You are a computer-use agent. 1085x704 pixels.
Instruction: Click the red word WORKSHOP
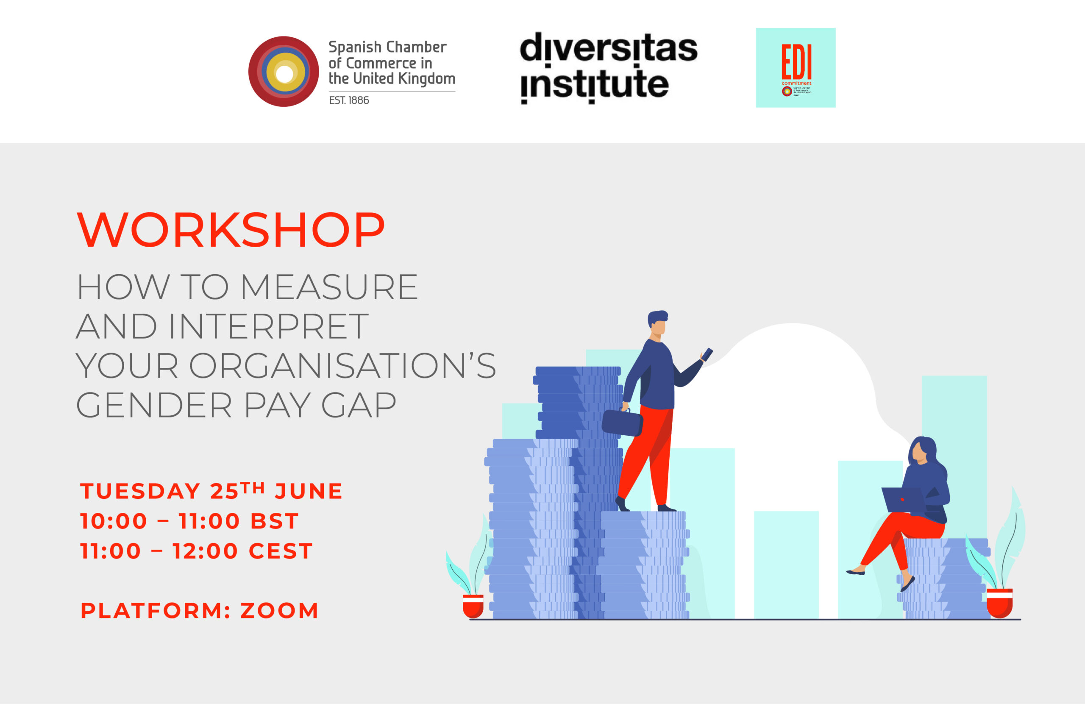(x=231, y=230)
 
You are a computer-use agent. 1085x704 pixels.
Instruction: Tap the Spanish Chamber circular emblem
(x=284, y=72)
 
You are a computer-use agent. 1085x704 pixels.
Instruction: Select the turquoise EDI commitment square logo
(x=796, y=67)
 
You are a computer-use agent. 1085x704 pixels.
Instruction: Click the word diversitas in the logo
(x=608, y=47)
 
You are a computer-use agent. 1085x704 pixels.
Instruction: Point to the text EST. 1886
(x=349, y=100)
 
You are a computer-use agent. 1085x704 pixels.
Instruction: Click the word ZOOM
(x=279, y=610)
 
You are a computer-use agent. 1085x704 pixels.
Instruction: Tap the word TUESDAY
(x=140, y=492)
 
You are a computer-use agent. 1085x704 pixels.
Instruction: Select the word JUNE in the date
(x=308, y=492)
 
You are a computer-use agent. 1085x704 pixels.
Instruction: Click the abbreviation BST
(x=275, y=521)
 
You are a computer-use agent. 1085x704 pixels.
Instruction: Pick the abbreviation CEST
(x=281, y=551)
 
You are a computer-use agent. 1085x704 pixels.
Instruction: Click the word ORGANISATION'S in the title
(x=342, y=366)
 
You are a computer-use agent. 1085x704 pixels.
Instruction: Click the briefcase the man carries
(x=622, y=423)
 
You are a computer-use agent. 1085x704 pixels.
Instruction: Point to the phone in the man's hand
(x=707, y=354)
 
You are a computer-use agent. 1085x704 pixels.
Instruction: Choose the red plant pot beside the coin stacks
(x=473, y=606)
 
